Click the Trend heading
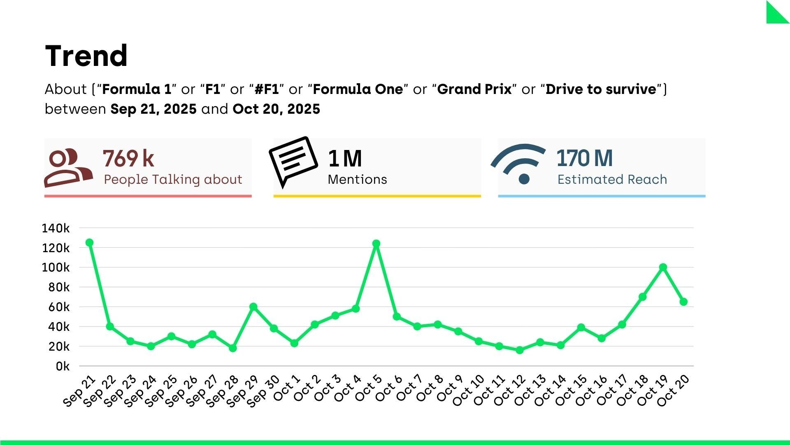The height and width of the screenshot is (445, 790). tap(86, 56)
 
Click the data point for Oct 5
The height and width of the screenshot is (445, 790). tap(376, 244)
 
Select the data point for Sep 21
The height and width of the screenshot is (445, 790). tap(89, 243)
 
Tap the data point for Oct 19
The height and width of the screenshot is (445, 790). tap(663, 267)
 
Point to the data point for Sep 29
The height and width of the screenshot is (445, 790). tap(253, 307)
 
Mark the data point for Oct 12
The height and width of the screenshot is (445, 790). tap(520, 350)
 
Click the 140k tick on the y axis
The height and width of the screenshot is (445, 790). tap(56, 228)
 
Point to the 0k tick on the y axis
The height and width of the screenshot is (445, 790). tap(63, 366)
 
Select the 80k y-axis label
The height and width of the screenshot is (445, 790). tap(59, 287)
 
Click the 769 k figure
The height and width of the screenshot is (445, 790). tap(128, 159)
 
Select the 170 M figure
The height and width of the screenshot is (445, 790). tap(584, 158)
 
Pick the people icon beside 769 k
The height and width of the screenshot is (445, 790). tap(68, 167)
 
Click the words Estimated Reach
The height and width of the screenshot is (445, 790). tap(612, 180)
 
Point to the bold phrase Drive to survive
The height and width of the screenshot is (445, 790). tap(601, 89)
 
